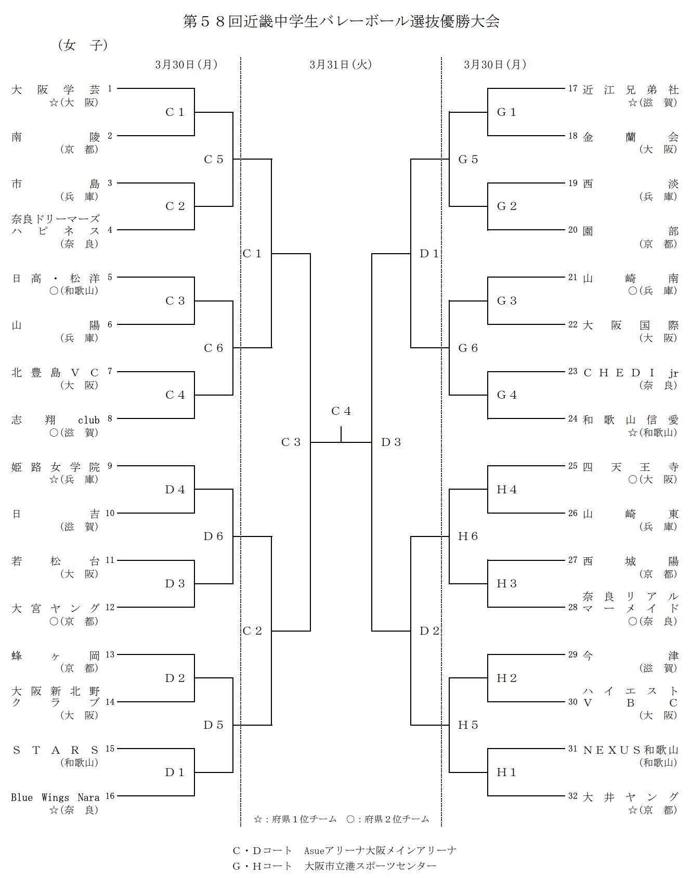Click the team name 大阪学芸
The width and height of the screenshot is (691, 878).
55,89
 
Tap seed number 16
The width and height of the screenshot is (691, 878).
110,796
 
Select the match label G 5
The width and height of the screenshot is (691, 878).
467,160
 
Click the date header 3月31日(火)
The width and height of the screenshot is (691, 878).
341,64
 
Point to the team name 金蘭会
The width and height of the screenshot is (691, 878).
630,137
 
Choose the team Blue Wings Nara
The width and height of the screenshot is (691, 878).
55,797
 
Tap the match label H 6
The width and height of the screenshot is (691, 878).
467,536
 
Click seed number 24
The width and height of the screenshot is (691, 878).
572,418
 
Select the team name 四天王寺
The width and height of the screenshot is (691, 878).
630,467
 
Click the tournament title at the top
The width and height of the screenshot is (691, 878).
341,21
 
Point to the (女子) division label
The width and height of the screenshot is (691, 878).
83,45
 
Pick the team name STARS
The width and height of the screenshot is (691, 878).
55,750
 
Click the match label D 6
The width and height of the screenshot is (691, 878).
213,536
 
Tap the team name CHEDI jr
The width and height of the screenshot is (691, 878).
630,373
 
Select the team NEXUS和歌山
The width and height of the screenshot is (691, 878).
630,750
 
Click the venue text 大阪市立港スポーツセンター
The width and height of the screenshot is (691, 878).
370,866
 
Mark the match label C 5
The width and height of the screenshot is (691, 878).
213,160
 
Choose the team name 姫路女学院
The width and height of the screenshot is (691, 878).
55,467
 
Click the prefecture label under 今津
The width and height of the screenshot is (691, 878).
658,668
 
